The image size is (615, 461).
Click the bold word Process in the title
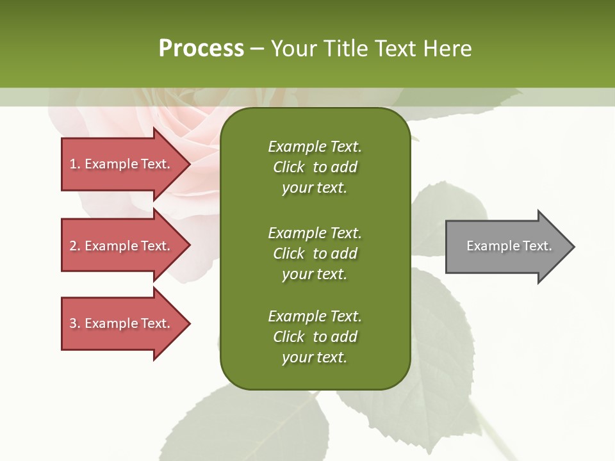(x=201, y=49)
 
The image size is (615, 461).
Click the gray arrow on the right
(x=506, y=247)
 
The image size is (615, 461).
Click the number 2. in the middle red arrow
(x=75, y=246)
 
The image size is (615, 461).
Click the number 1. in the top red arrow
(x=75, y=164)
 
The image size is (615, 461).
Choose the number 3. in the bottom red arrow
(x=75, y=323)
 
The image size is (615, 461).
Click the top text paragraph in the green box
(x=315, y=167)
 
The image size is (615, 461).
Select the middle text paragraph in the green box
(x=315, y=254)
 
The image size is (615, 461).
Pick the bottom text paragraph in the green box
(x=315, y=337)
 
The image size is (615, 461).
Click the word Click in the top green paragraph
(x=289, y=167)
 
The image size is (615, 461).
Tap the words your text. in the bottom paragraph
(x=315, y=357)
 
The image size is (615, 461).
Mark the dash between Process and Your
(x=257, y=49)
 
